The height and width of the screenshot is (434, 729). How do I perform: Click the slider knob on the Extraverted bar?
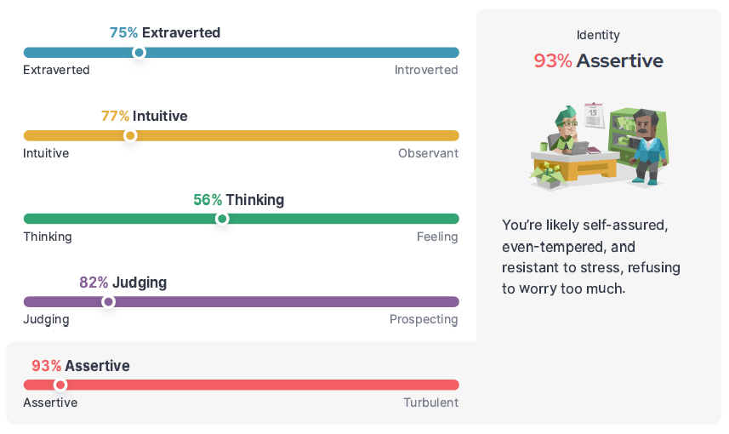(x=140, y=53)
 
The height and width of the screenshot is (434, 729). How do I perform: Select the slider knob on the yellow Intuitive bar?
(x=130, y=135)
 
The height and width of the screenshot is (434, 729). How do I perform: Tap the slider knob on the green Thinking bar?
(x=222, y=219)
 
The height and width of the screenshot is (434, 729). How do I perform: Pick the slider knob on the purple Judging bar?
(x=108, y=301)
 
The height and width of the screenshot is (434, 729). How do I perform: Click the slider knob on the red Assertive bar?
(x=60, y=385)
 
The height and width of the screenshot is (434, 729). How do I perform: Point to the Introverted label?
(x=426, y=70)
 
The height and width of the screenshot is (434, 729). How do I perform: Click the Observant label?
(x=428, y=153)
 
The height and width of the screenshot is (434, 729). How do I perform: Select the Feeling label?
(x=437, y=237)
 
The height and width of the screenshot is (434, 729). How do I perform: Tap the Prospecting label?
(x=424, y=319)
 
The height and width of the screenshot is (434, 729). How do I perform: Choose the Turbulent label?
(x=430, y=403)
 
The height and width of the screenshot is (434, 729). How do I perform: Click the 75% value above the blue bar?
(x=123, y=33)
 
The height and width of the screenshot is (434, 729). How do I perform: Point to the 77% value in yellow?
(x=115, y=116)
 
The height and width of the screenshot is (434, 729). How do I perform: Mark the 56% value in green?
(x=208, y=200)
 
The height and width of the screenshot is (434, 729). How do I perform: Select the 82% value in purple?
(x=94, y=283)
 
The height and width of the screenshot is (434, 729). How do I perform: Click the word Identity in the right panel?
(x=598, y=35)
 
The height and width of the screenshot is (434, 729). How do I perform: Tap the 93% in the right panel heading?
(x=552, y=61)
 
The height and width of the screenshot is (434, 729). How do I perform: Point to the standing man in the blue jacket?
(x=648, y=146)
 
